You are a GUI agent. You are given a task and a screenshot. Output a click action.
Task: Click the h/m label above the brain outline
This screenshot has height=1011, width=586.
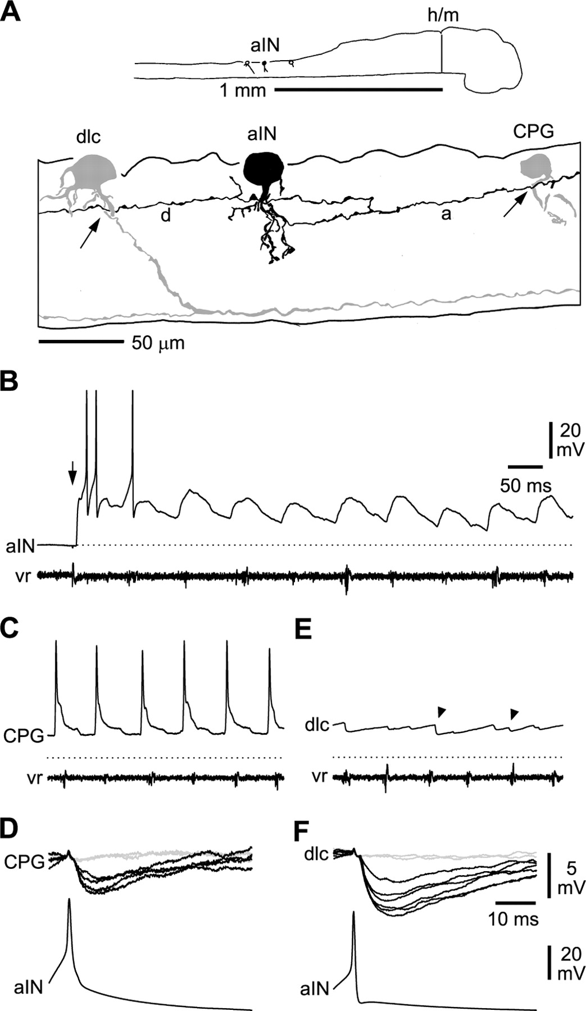click(x=443, y=16)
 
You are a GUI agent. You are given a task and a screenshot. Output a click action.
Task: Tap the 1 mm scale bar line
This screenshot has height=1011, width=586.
click(x=358, y=89)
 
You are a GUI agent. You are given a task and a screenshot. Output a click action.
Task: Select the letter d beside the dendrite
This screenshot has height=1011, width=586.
click(x=166, y=215)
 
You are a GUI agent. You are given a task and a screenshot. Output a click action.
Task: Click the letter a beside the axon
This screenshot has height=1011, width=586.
click(x=446, y=214)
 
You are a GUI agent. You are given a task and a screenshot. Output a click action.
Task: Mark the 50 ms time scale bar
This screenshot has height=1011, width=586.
click(x=525, y=466)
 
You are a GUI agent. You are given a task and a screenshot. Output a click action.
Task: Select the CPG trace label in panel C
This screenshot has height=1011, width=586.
click(x=24, y=736)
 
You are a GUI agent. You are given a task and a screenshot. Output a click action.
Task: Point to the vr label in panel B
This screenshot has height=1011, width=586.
click(x=22, y=576)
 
